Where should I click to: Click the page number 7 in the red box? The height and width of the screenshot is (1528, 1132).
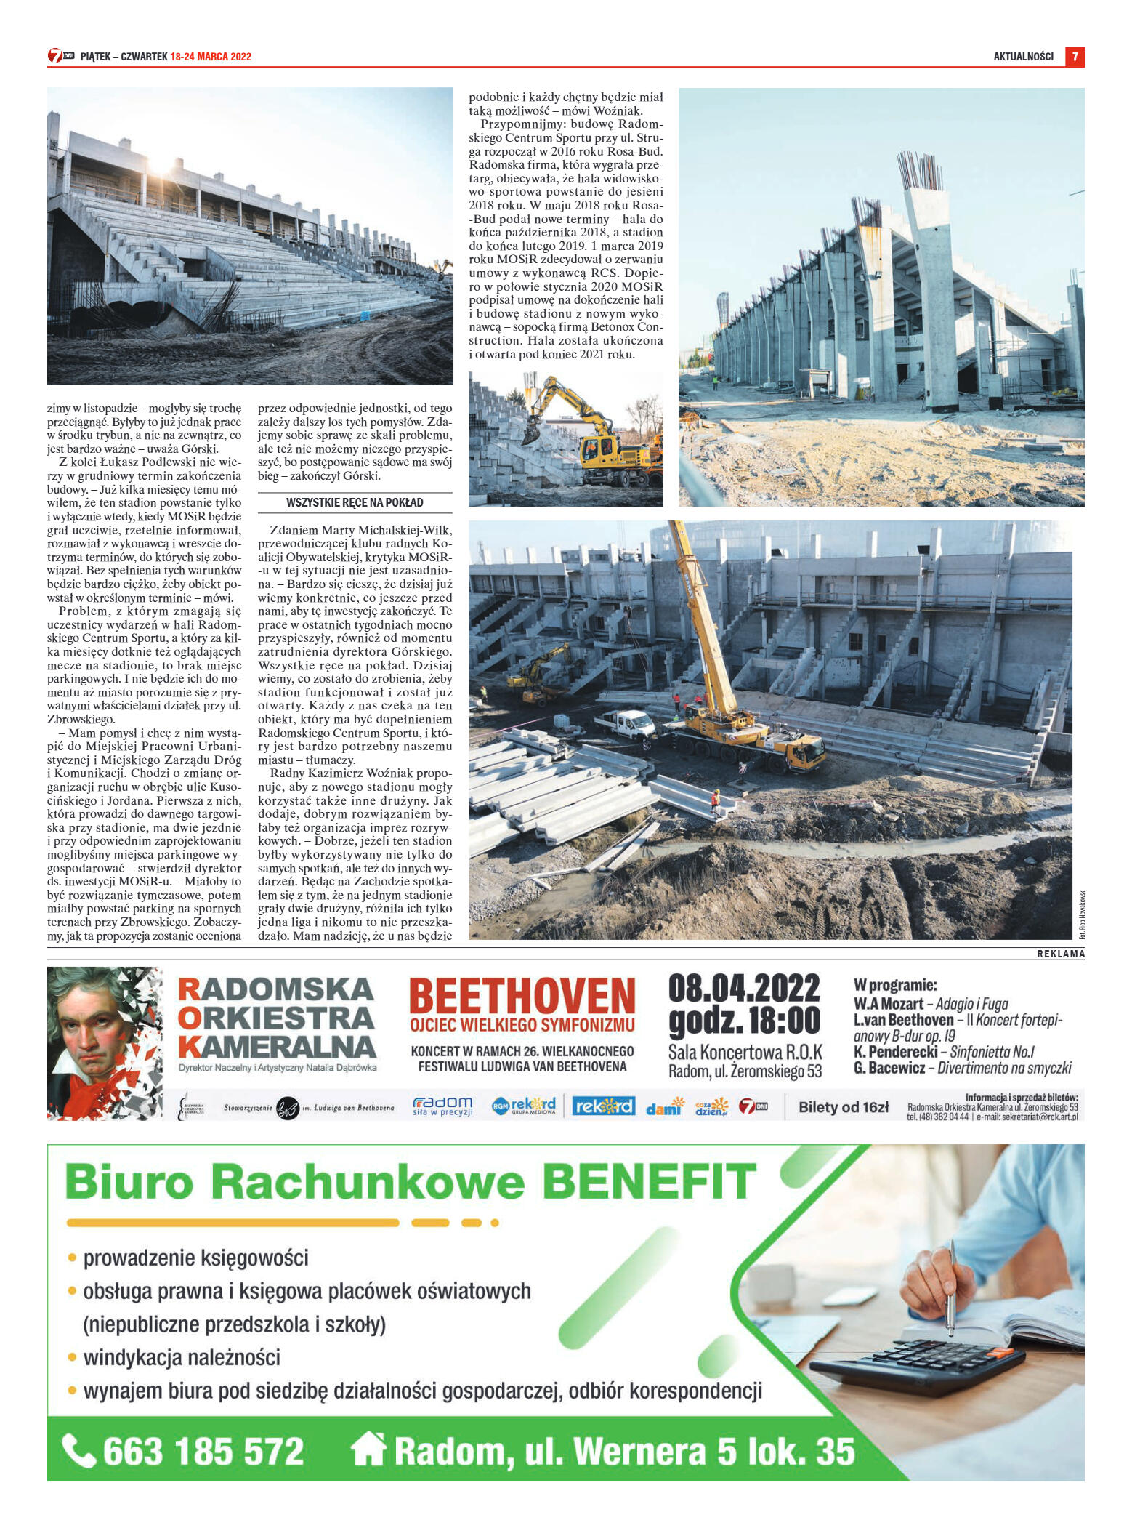pos(1075,57)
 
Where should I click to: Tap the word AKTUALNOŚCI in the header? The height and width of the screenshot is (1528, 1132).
pos(1023,57)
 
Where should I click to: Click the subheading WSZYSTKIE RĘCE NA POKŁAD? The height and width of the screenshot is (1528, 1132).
pos(355,502)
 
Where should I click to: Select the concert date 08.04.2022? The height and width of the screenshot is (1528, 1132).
pos(744,989)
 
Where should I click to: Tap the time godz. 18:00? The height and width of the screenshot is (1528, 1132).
pos(744,1021)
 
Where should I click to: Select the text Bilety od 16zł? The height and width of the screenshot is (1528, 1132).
pos(843,1107)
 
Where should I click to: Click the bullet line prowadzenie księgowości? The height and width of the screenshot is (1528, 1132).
pos(195,1258)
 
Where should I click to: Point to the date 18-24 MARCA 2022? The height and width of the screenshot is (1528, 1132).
pos(211,57)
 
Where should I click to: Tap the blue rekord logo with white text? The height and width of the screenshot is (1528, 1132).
pos(603,1106)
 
